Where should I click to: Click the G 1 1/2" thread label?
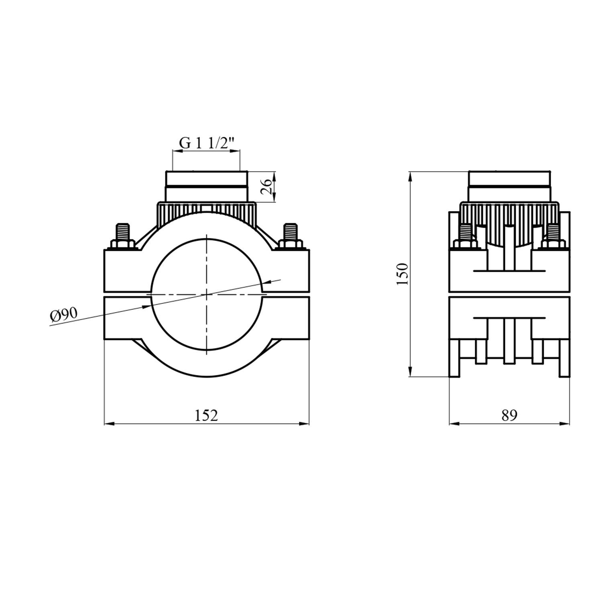click(x=206, y=143)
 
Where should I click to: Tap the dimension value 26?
click(x=267, y=187)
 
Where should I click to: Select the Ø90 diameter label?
click(x=64, y=315)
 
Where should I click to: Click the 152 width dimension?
click(x=206, y=415)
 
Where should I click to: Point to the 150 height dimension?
click(x=402, y=274)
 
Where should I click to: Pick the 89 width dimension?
click(x=509, y=415)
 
